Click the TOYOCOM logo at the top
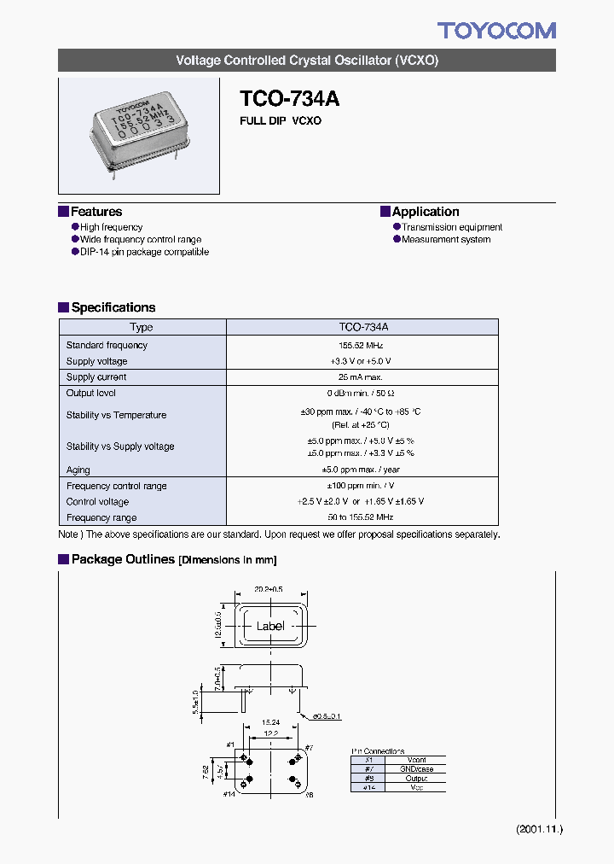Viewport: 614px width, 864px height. [x=496, y=31]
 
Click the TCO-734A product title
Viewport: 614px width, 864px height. [x=289, y=99]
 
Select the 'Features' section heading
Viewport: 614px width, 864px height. [x=96, y=212]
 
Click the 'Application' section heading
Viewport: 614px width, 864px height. [x=425, y=212]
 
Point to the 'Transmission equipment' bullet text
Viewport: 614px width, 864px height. [x=452, y=227]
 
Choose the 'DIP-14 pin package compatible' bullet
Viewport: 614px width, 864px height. [x=144, y=252]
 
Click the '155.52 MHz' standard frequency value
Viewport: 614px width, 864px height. [x=362, y=346]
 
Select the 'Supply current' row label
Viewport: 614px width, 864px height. [x=96, y=377]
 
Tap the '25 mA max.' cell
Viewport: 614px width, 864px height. [x=362, y=377]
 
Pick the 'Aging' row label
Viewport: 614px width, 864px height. [x=78, y=470]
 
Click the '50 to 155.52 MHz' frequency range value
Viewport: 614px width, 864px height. [x=362, y=517]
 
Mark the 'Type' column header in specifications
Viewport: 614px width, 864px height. [x=142, y=327]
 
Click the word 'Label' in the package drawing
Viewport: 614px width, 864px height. [x=270, y=626]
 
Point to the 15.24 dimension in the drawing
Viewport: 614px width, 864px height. [x=269, y=721]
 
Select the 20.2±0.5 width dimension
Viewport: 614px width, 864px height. [x=269, y=589]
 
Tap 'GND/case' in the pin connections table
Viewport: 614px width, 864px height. [x=416, y=769]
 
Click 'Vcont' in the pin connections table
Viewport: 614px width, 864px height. [x=416, y=760]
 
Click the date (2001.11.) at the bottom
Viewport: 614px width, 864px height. [x=539, y=829]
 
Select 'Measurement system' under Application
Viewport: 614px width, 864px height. [x=446, y=240]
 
